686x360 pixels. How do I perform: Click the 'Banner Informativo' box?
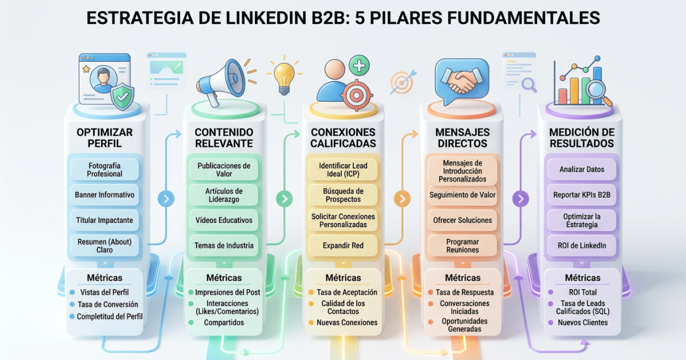(x=105, y=195)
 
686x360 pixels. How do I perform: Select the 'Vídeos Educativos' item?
(x=224, y=220)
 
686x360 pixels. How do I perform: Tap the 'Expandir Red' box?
(x=343, y=245)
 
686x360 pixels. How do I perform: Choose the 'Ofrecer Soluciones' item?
(x=462, y=220)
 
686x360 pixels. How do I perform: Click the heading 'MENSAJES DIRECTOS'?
(x=462, y=138)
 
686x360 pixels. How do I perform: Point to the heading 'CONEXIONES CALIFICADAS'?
(x=343, y=138)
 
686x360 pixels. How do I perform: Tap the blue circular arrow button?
(x=165, y=199)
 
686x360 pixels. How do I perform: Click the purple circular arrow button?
(x=521, y=199)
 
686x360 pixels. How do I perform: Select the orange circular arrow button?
(x=402, y=199)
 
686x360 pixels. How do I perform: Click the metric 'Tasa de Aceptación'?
(x=346, y=292)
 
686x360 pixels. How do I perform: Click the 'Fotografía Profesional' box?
(x=105, y=169)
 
